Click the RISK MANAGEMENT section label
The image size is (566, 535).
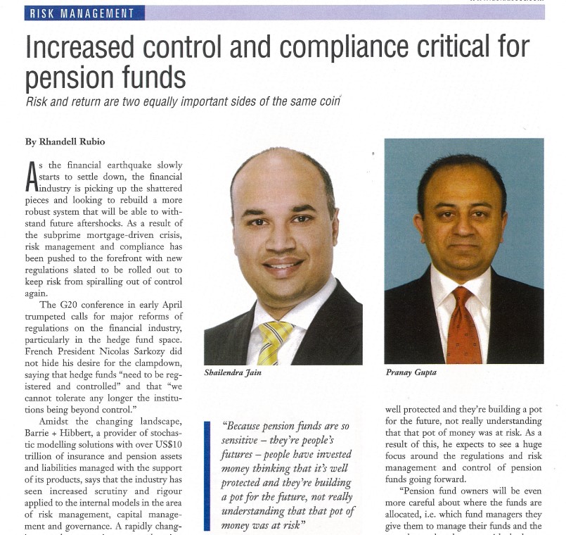point(83,13)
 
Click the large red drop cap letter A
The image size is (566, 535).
point(31,176)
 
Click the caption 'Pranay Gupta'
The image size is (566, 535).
point(411,372)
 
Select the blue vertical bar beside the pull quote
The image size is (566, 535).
point(207,474)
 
